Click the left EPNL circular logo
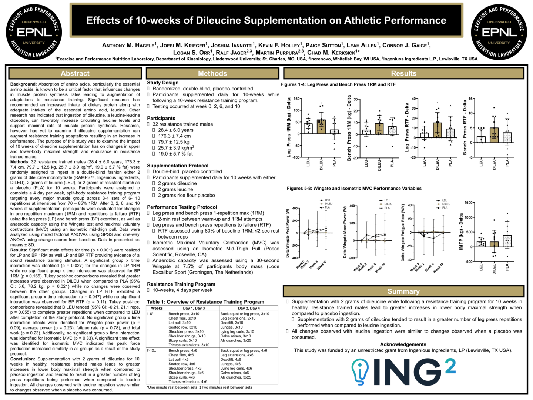(34, 32)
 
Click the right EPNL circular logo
(499, 32)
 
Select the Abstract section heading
(75, 73)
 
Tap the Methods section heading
(212, 73)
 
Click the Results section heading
(403, 73)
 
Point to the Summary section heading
(403, 291)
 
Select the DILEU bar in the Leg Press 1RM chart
(321, 127)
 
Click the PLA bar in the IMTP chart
(507, 241)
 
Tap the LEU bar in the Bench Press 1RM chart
(366, 132)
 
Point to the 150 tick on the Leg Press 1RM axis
(297, 99)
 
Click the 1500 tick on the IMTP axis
(468, 203)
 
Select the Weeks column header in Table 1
(157, 308)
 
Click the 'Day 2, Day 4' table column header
(249, 308)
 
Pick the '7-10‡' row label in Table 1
(151, 350)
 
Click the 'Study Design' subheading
(163, 83)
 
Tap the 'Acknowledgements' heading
(403, 344)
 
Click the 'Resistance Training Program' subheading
(181, 284)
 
